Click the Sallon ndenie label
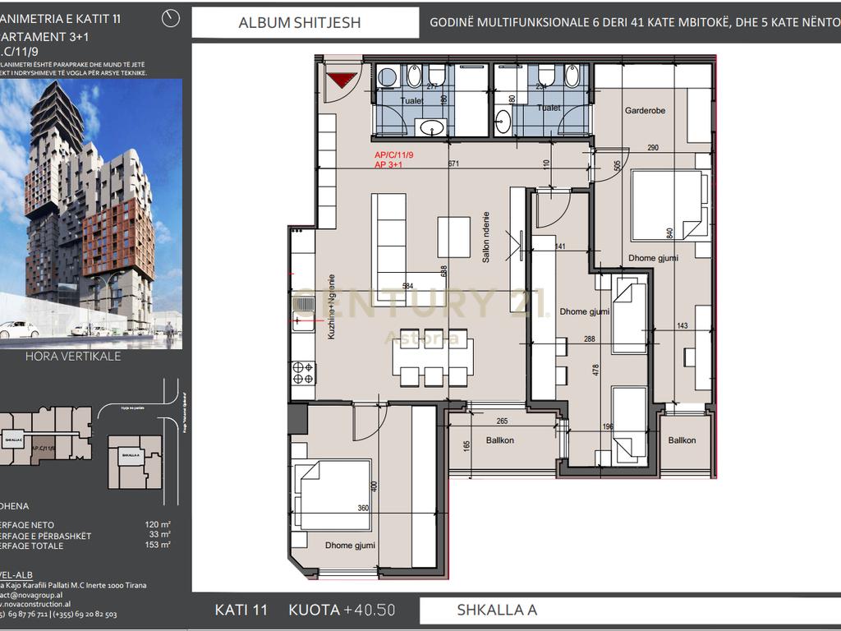click(x=486, y=237)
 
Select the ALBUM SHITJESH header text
click(x=299, y=23)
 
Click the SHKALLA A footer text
click(x=497, y=610)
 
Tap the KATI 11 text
click(x=241, y=610)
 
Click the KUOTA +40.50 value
click(x=342, y=610)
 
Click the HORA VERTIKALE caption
click(x=73, y=357)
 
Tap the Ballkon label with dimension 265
click(x=500, y=440)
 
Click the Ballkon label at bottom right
click(x=682, y=440)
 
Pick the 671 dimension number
click(x=453, y=164)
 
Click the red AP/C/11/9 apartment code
click(x=393, y=154)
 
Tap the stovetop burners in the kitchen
click(x=302, y=373)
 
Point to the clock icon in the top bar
click(x=172, y=17)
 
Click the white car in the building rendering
click(x=18, y=329)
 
